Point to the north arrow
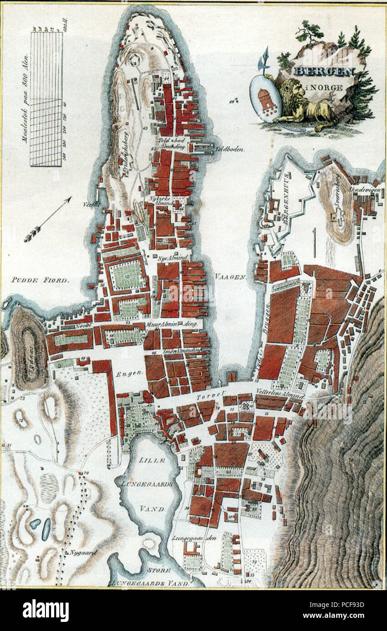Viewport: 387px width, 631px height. point(48,219)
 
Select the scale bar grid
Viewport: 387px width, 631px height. point(46,99)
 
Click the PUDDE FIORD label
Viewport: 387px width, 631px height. point(40,280)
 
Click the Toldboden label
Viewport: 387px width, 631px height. point(230,149)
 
